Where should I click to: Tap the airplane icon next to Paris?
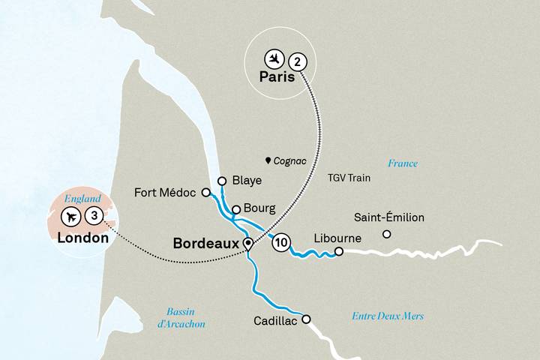pos(274,58)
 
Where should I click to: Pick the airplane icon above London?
pos(71,217)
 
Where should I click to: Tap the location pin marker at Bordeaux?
pos(247,243)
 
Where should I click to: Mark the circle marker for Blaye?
pos(221,180)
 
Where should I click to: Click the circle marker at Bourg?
pos(235,209)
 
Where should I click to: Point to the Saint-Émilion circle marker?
pos(386,234)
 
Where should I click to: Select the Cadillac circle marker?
pos(305,318)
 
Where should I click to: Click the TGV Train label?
pos(349,179)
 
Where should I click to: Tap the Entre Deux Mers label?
pos(387,316)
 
